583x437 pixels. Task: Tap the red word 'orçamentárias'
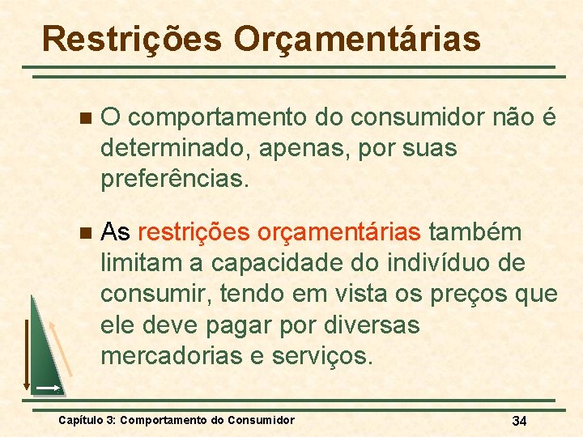point(339,233)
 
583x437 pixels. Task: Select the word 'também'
point(475,233)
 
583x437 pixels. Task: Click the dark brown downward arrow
point(26,356)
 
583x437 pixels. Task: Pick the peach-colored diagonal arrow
point(60,348)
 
